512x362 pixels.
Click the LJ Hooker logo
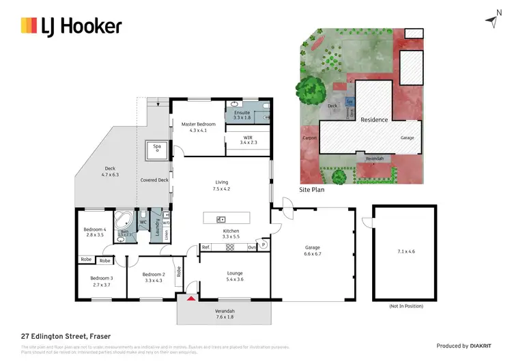(72, 27)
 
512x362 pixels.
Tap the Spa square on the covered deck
(156, 149)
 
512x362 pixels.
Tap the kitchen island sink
(221, 219)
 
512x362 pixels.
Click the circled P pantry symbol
(264, 245)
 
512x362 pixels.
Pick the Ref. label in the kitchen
(205, 247)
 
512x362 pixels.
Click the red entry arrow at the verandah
(191, 298)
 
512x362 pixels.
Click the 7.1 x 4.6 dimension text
(406, 252)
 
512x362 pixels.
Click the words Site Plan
(312, 191)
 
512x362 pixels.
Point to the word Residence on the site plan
(374, 120)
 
